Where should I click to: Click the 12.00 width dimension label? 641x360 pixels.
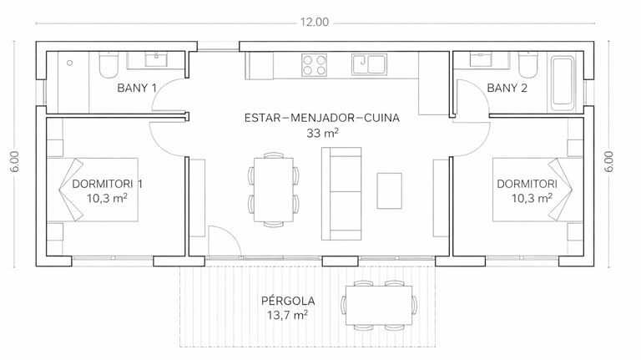coord(315,22)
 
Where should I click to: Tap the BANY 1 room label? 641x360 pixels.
coord(137,88)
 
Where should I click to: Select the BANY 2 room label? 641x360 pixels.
coord(507,88)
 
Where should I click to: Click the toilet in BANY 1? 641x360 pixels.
coord(109,64)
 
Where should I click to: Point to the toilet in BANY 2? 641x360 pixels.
coord(528,64)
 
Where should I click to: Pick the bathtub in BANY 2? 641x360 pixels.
coord(563,84)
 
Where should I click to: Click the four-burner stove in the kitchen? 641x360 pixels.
coord(315,65)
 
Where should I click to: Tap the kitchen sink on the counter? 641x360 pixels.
coord(369,64)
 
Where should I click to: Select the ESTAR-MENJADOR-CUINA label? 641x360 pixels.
coord(322,118)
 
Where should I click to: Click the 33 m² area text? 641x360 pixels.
coord(322,133)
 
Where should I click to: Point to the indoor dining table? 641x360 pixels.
coord(274,190)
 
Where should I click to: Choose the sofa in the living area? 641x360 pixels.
coord(341,194)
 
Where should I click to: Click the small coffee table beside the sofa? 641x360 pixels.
coord(389,190)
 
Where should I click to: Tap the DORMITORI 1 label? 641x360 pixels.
coord(107,184)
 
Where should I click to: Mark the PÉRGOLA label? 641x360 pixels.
coord(288,301)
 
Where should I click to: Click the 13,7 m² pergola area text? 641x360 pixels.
coord(287,316)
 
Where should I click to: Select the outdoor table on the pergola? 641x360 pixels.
coord(379,305)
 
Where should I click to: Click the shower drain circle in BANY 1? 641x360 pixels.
coord(70,63)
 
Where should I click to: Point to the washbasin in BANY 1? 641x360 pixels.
coord(156,59)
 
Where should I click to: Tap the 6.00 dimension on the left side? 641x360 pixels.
coord(15,161)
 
